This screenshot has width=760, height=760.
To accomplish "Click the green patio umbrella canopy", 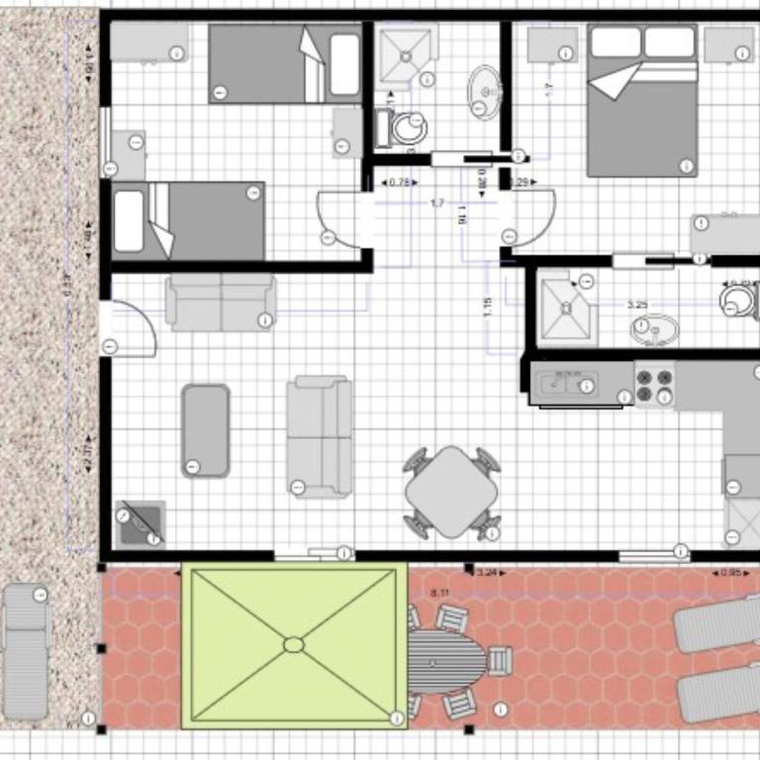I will pyautogui.click(x=294, y=644).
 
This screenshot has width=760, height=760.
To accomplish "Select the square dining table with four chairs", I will pyautogui.click(x=451, y=492).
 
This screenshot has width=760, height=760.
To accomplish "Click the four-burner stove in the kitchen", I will pyautogui.click(x=653, y=385).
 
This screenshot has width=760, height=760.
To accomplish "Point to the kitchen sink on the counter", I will pyautogui.click(x=567, y=383).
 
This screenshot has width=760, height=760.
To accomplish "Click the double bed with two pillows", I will pyautogui.click(x=642, y=100).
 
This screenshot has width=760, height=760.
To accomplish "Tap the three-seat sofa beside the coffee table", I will pyautogui.click(x=320, y=435).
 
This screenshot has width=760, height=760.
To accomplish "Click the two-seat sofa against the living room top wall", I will pyautogui.click(x=221, y=302).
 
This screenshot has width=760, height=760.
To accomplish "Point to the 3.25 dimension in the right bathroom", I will pyautogui.click(x=637, y=306).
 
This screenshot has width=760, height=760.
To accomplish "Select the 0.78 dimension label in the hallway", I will pyautogui.click(x=400, y=183).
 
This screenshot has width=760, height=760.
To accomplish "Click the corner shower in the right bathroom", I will pyautogui.click(x=568, y=308).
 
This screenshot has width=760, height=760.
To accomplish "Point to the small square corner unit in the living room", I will pyautogui.click(x=140, y=522).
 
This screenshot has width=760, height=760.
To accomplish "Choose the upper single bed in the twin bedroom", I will pyautogui.click(x=285, y=64).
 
